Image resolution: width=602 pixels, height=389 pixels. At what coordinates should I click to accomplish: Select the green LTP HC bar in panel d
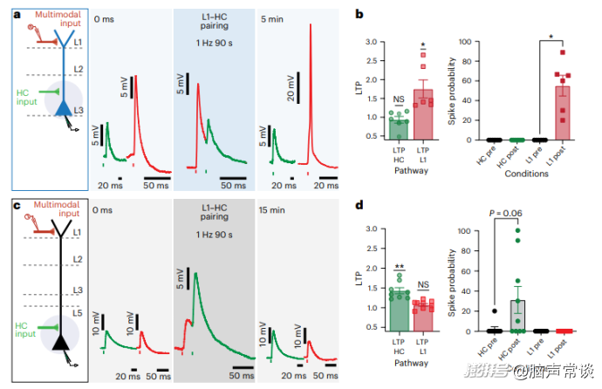tap(399, 310)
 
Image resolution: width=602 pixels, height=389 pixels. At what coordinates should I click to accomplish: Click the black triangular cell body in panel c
tap(62, 343)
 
